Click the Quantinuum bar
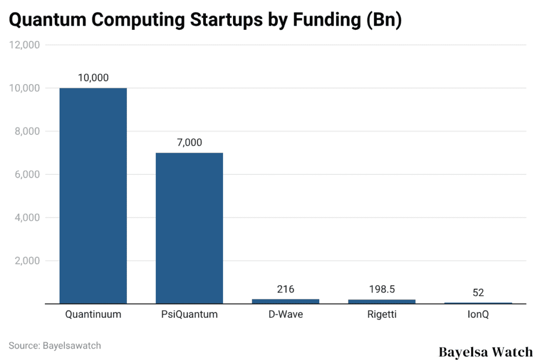(x=93, y=195)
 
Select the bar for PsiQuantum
(x=189, y=228)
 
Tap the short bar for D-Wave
(x=285, y=301)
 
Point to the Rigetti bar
(x=382, y=301)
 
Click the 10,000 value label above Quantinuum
(x=93, y=78)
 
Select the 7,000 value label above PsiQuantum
(x=189, y=143)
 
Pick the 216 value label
(x=285, y=289)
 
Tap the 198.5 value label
(x=382, y=289)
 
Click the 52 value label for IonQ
(x=478, y=293)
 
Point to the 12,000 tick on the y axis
(x=25, y=45)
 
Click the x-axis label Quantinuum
(x=93, y=315)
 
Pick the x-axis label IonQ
(x=478, y=315)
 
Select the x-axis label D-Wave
(x=285, y=315)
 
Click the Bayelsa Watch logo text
(x=485, y=352)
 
